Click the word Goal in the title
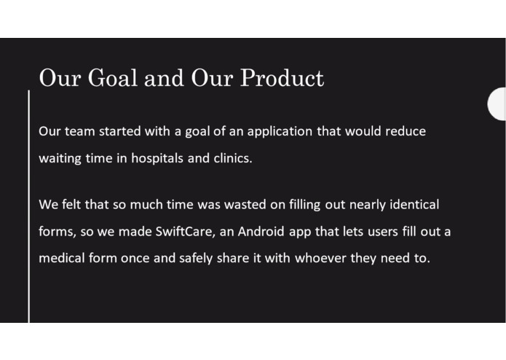point(111,78)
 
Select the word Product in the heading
point(282,78)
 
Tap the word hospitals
point(157,158)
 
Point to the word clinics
point(231,158)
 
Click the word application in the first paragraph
point(280,132)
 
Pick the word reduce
point(405,132)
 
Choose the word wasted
point(244,205)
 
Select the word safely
point(196,258)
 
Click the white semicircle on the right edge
point(497,103)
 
